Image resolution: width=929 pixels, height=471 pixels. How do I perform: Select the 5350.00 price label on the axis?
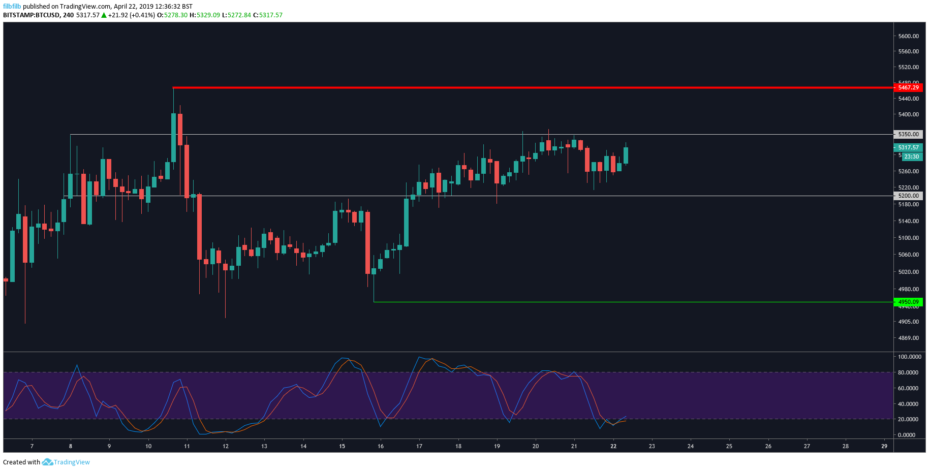[x=908, y=134]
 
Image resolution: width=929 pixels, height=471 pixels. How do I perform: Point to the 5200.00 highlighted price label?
[x=908, y=196]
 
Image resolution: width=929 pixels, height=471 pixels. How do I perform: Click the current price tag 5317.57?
[x=908, y=147]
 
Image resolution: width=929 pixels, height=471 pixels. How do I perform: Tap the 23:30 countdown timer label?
[x=911, y=156]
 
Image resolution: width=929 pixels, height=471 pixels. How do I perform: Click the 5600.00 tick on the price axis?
[x=908, y=36]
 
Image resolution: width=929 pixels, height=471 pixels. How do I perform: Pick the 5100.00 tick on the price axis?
[x=908, y=238]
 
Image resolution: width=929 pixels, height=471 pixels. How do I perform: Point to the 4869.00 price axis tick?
[x=908, y=338]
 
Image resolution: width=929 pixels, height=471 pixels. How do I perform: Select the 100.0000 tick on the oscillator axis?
[x=909, y=357]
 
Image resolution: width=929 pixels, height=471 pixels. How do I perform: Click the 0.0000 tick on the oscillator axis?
[x=907, y=435]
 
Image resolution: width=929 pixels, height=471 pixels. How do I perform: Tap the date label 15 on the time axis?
[x=342, y=446]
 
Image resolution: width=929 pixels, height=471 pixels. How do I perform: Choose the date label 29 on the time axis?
[x=884, y=446]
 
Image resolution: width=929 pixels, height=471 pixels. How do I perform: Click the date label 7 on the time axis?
[x=32, y=446]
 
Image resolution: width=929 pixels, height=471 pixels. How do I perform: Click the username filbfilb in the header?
[x=12, y=7]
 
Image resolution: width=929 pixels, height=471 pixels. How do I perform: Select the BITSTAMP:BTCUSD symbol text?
[x=32, y=15]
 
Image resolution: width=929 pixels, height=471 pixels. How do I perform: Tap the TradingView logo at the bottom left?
[x=66, y=462]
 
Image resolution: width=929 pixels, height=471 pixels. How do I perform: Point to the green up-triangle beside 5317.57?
[x=104, y=15]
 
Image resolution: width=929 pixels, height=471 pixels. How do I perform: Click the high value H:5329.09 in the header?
[x=205, y=15]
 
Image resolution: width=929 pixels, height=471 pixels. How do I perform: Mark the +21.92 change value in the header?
[x=117, y=15]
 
